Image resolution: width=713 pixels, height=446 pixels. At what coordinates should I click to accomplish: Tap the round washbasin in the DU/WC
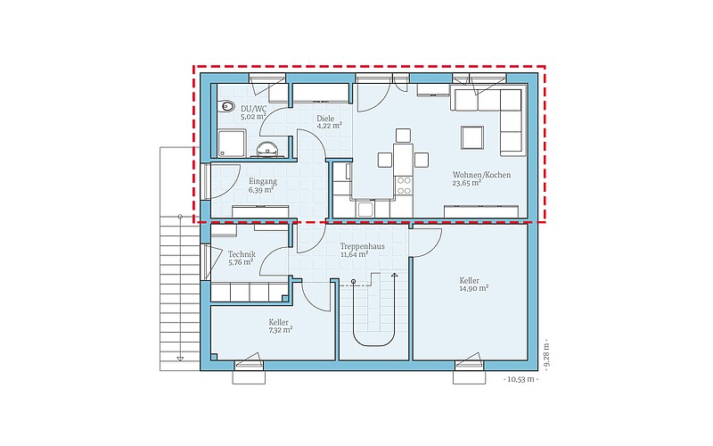point(267,148)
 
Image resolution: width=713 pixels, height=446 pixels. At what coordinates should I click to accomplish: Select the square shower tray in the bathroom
point(232,144)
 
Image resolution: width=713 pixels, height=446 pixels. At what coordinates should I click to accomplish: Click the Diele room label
point(325,119)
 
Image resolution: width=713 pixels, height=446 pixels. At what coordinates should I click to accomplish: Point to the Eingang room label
point(262,181)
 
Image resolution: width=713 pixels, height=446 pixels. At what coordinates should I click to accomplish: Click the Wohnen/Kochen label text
point(481,175)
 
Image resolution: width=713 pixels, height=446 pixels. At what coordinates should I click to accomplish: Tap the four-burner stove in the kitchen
point(404,186)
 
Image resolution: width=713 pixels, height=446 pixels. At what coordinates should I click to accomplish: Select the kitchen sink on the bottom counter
point(365,209)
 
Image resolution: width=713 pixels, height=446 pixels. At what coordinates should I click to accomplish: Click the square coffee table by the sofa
point(472,138)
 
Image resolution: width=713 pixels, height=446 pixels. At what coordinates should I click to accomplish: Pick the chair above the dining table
point(403,136)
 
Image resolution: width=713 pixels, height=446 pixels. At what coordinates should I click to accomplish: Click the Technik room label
point(242,254)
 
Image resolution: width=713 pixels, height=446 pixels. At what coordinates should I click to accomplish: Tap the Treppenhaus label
point(363,246)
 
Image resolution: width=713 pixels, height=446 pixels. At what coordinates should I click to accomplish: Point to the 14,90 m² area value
point(474,288)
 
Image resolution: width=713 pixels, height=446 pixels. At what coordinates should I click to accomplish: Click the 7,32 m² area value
point(281,330)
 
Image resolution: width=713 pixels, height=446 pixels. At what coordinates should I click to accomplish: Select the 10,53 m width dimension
point(521,379)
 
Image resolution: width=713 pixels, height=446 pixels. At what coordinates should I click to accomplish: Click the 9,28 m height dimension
point(546,354)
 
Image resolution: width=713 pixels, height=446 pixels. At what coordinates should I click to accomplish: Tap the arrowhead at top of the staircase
point(394,275)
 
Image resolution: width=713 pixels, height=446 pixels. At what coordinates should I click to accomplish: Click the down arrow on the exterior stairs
point(180,359)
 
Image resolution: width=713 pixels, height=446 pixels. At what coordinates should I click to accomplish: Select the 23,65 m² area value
point(467,183)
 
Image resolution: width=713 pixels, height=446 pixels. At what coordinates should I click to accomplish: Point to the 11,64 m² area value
point(354,254)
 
